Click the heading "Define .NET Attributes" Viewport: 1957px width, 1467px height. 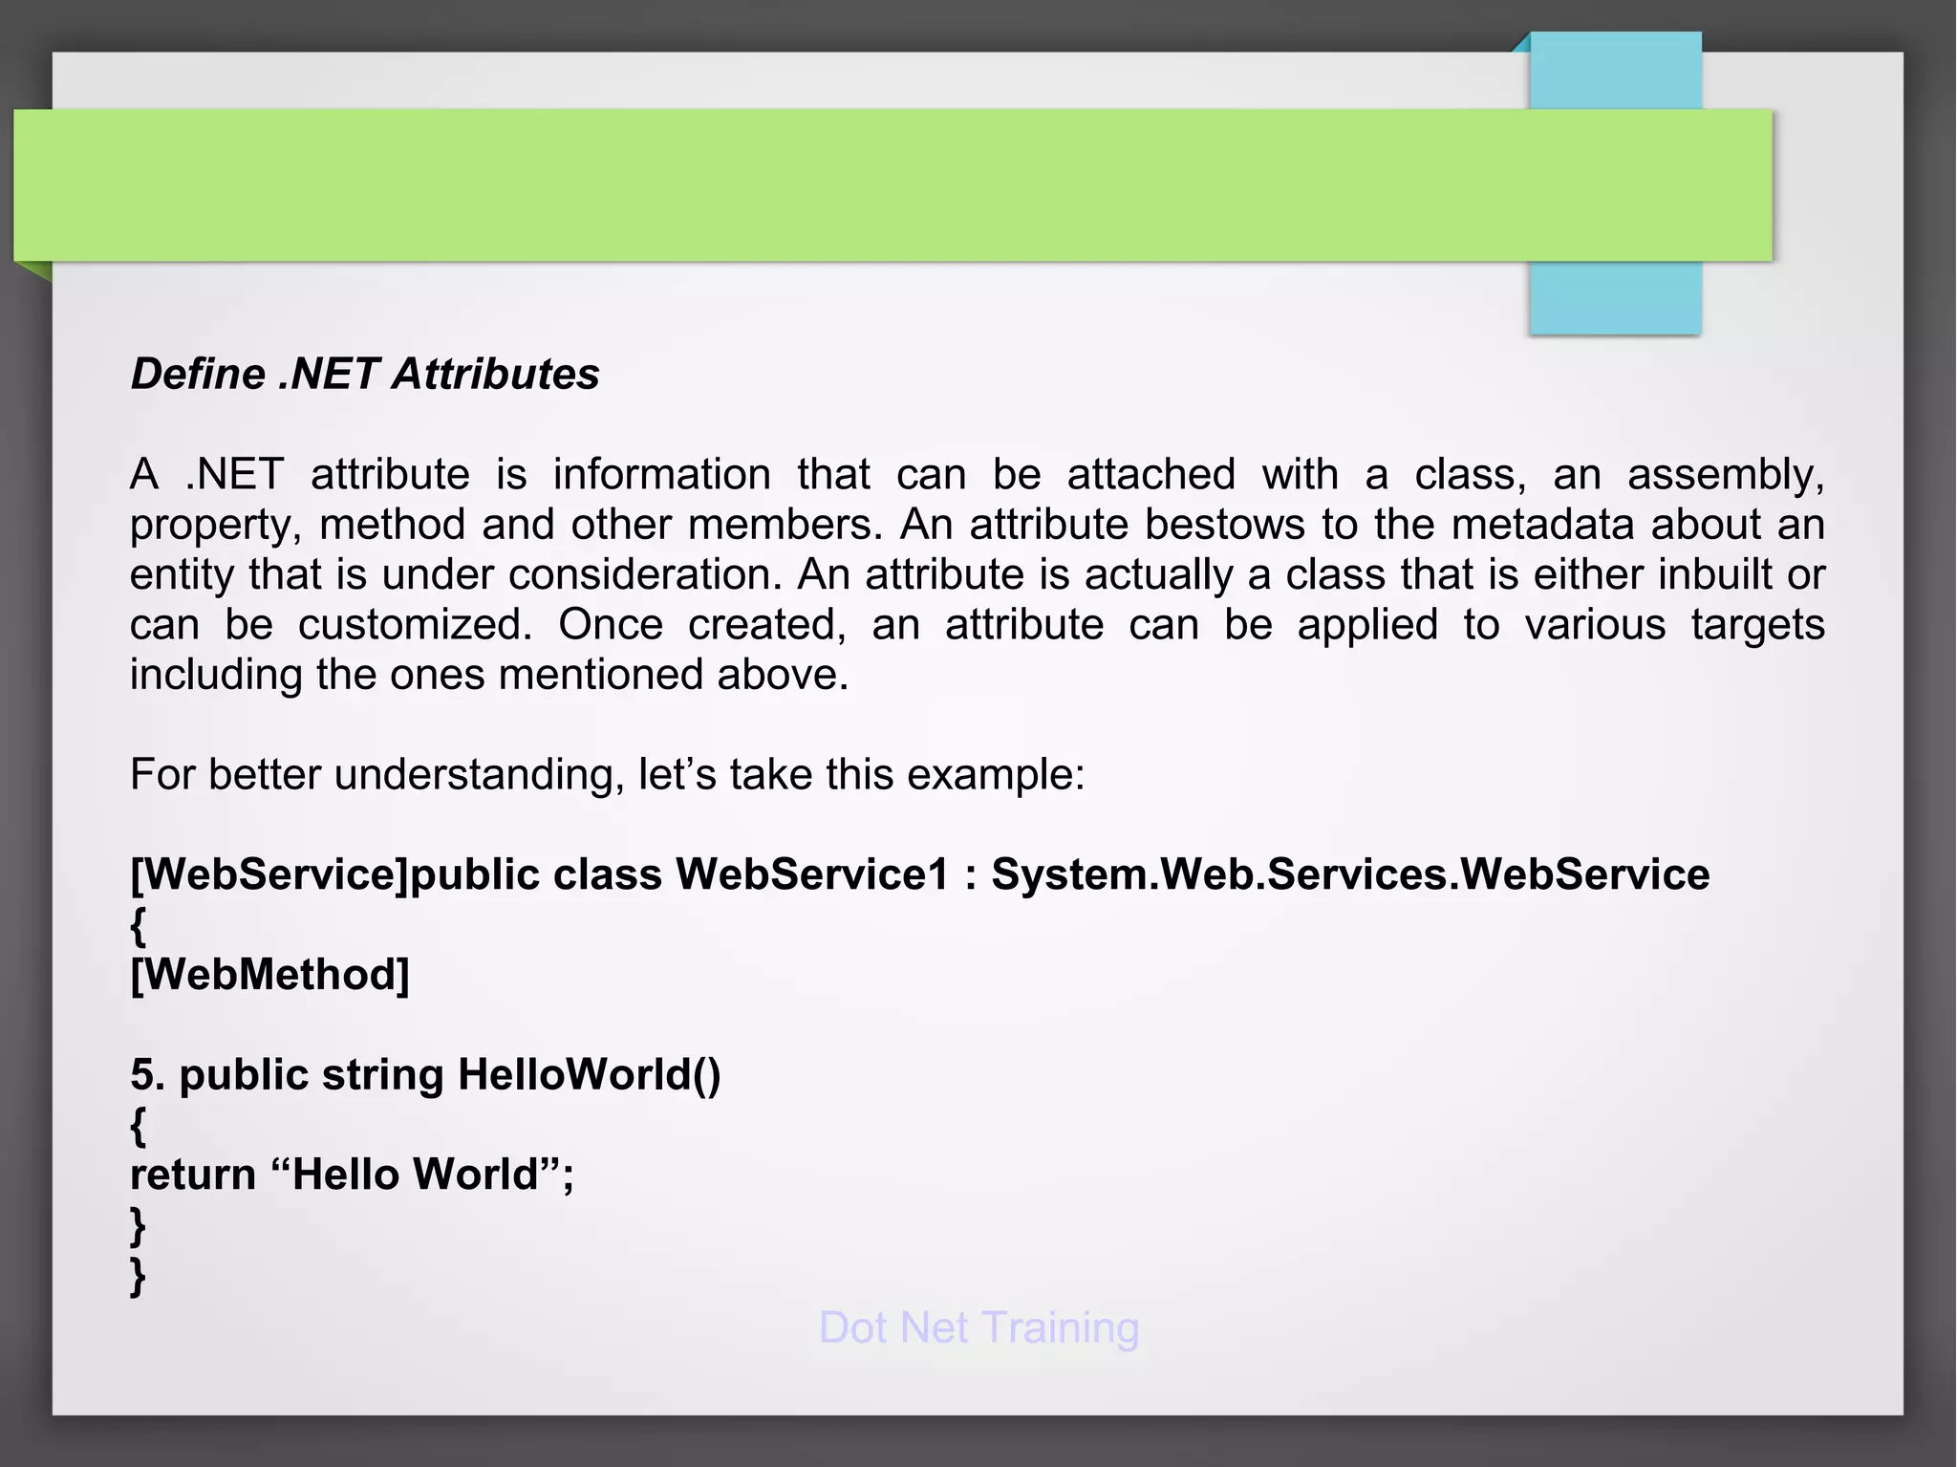pyautogui.click(x=365, y=374)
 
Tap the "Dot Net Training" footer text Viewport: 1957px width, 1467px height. pyautogui.click(x=978, y=1327)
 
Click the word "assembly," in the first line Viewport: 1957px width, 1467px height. pyautogui.click(x=1725, y=475)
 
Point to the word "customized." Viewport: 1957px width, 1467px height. pyautogui.click(x=415, y=625)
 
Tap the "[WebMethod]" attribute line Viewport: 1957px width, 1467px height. pyautogui.click(x=269, y=975)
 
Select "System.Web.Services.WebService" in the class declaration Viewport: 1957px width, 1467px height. pyautogui.click(x=1349, y=874)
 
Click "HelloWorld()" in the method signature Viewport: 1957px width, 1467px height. pyautogui.click(x=589, y=1074)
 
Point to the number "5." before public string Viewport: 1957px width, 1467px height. pyautogui.click(x=148, y=1074)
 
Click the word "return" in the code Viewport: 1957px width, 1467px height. pyautogui.click(x=192, y=1175)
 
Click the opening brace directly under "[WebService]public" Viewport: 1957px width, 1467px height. pyautogui.click(x=139, y=925)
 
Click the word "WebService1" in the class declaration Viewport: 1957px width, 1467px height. pyautogui.click(x=812, y=874)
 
